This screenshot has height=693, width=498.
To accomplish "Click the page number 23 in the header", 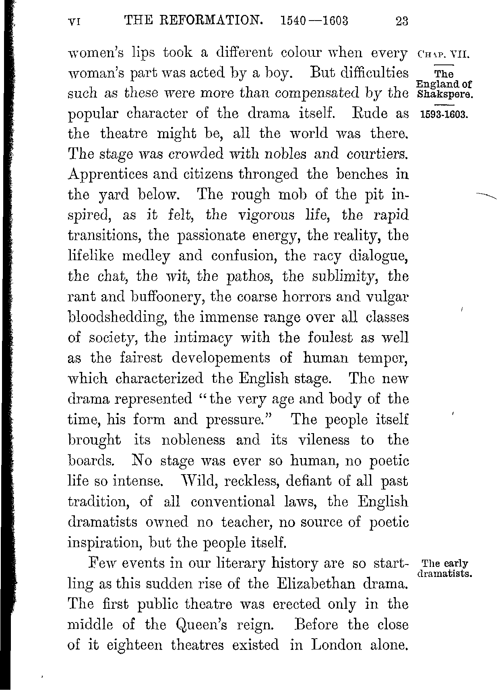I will (x=401, y=21).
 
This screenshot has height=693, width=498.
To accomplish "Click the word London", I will (x=337, y=645).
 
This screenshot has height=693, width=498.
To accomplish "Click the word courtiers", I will (x=377, y=154).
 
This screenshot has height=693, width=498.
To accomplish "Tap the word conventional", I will (x=233, y=502).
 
